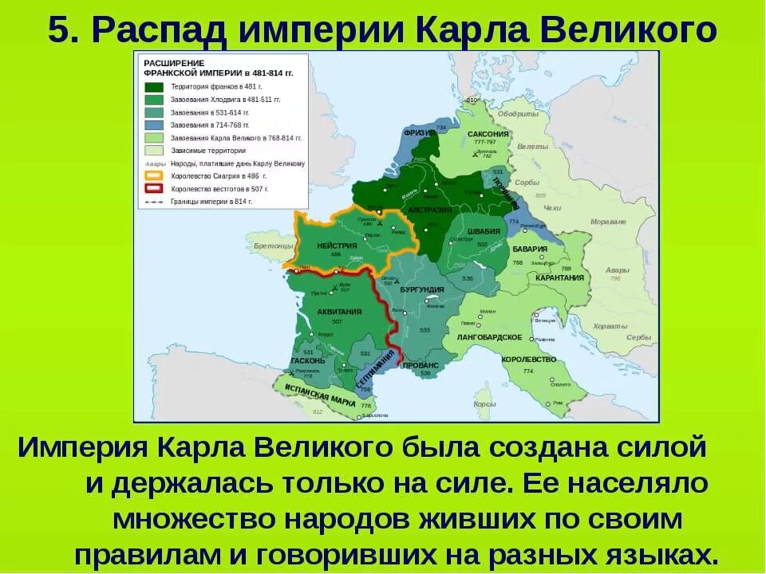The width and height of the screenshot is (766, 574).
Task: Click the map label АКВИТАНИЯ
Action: click(339, 312)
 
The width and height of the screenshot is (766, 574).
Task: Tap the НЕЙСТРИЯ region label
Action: click(336, 246)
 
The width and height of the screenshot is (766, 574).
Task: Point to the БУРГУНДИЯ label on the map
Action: click(422, 289)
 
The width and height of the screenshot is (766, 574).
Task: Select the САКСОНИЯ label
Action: click(488, 134)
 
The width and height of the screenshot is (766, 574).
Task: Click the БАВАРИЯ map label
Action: click(530, 249)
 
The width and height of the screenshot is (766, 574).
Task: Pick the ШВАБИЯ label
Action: click(484, 231)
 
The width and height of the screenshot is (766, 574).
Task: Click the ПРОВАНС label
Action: click(421, 365)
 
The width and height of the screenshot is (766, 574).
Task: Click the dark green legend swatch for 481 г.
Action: click(154, 87)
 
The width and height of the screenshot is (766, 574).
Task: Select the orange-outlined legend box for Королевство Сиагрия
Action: click(154, 176)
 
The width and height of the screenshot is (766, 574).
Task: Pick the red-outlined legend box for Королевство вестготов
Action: click(154, 189)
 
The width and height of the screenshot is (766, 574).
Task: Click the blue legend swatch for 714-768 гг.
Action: click(154, 125)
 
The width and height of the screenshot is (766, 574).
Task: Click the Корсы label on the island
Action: click(484, 404)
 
